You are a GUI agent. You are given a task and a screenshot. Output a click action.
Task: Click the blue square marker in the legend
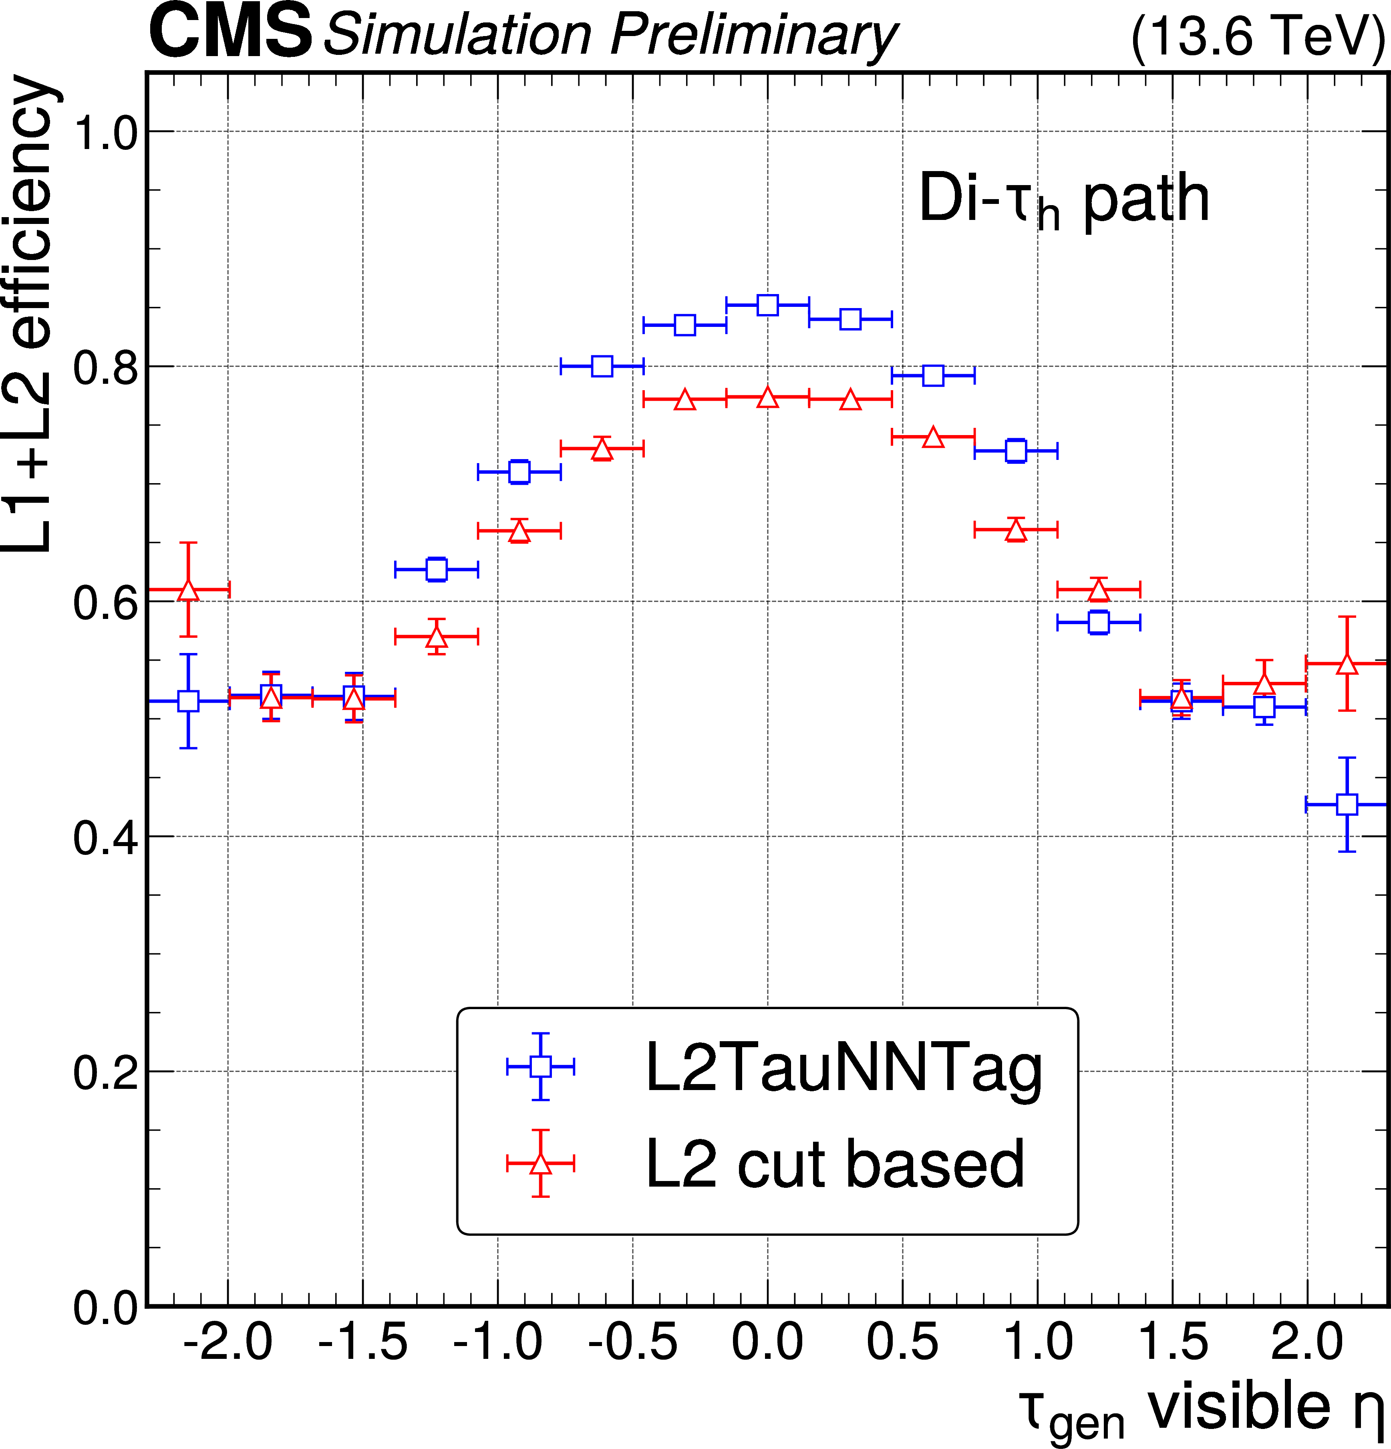pyautogui.click(x=540, y=1066)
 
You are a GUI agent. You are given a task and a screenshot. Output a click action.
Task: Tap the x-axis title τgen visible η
pyautogui.click(x=1201, y=1409)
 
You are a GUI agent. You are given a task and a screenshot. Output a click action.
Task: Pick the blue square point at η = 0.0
pyautogui.click(x=767, y=304)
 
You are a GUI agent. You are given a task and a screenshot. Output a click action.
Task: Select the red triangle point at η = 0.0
pyautogui.click(x=767, y=398)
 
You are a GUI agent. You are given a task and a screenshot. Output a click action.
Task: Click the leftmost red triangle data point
pyautogui.click(x=189, y=590)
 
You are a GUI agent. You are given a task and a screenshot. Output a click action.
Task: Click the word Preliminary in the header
pyautogui.click(x=754, y=36)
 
